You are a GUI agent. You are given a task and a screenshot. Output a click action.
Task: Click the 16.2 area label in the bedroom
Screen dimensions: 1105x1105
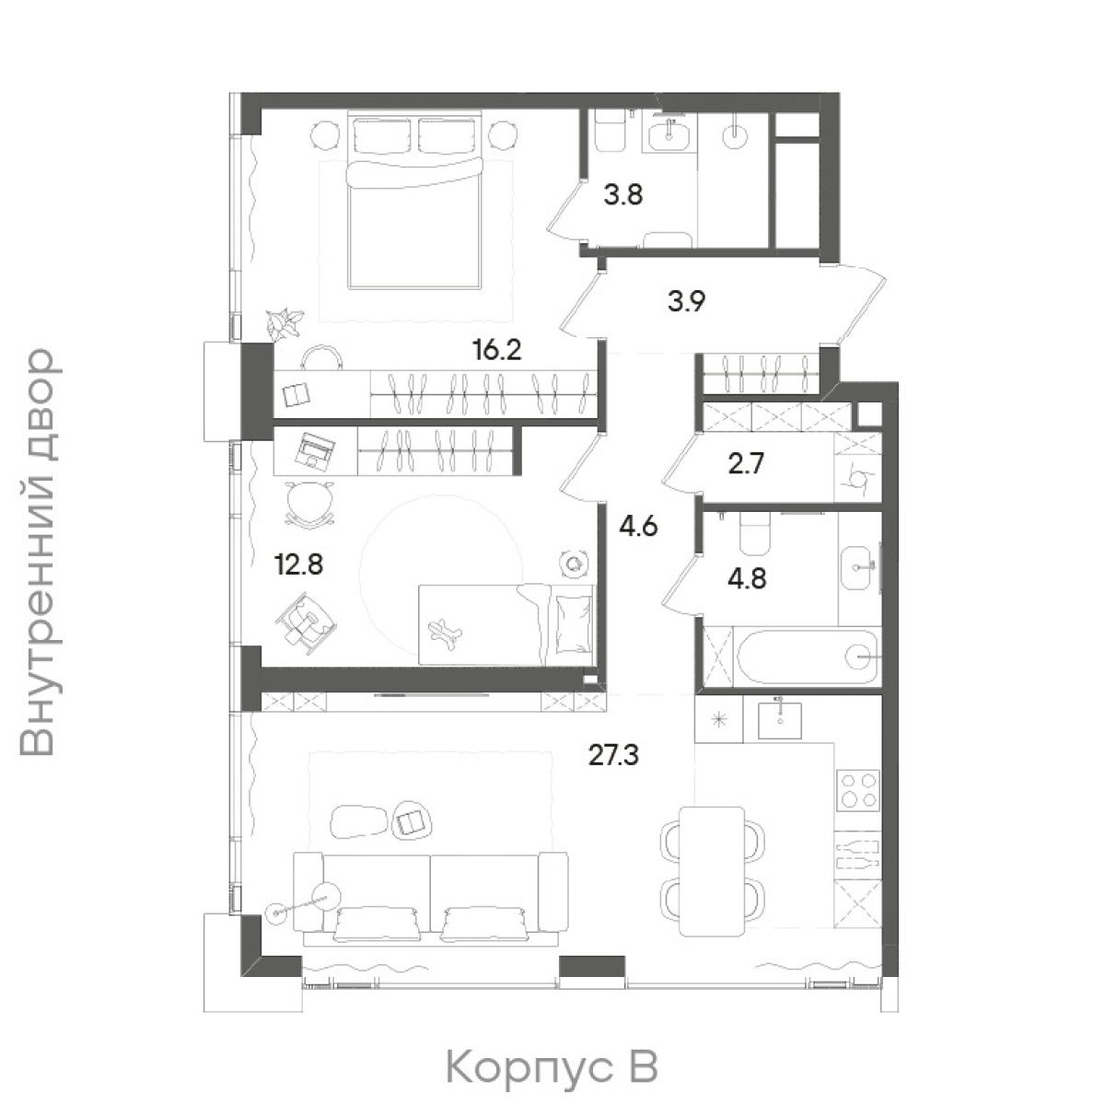click(x=497, y=349)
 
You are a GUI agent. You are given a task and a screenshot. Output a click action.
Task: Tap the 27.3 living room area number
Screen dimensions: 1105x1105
click(x=613, y=755)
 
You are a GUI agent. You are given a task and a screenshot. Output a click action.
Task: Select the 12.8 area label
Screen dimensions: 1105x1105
click(x=299, y=564)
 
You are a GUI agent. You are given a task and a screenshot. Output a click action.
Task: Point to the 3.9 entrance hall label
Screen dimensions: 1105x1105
click(x=686, y=301)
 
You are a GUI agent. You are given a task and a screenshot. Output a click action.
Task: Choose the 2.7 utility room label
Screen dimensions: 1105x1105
click(x=747, y=463)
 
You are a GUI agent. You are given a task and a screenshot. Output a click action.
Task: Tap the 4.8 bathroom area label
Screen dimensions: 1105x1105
click(x=748, y=578)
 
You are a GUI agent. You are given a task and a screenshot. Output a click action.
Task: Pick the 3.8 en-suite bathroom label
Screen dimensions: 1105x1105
click(x=623, y=195)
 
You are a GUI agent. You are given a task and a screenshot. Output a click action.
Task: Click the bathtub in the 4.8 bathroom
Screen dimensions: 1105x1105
click(x=808, y=657)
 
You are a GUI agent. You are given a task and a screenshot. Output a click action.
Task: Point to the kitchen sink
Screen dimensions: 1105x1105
click(x=780, y=719)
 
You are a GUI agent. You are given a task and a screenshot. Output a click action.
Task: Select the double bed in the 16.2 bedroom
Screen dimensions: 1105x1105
click(x=413, y=202)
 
